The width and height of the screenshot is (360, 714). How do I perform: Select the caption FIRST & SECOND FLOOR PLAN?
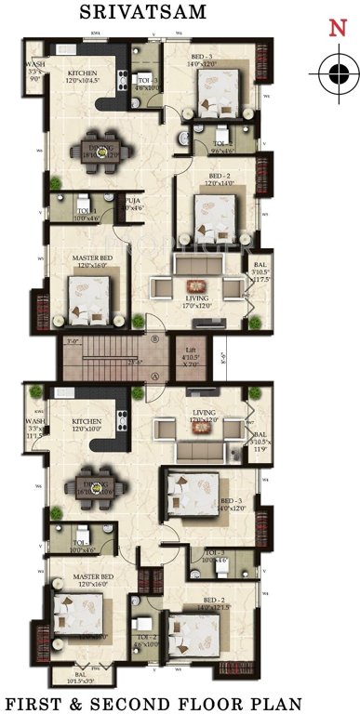pyautogui.click(x=180, y=698)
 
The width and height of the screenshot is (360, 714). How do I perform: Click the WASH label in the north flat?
pyautogui.click(x=35, y=64)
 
